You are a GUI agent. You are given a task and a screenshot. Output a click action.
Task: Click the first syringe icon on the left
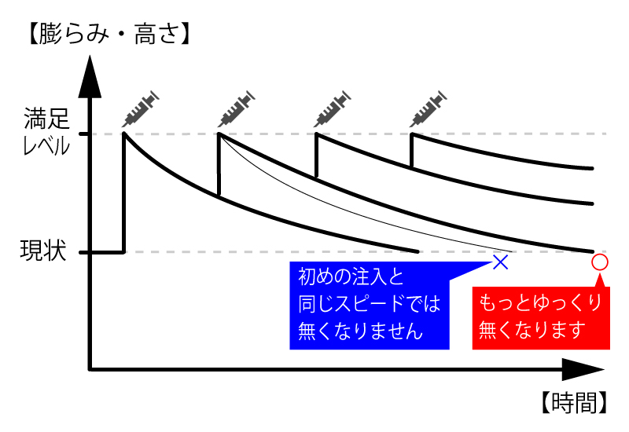tap(141, 108)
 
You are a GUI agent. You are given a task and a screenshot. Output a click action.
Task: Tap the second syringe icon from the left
tap(237, 108)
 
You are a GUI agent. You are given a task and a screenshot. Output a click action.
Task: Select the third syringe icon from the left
tap(332, 108)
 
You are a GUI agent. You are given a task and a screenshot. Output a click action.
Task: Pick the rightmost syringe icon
tap(428, 108)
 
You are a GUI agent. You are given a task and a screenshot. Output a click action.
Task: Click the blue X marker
tap(501, 262)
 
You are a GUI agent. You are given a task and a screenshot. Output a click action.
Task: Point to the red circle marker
tap(600, 262)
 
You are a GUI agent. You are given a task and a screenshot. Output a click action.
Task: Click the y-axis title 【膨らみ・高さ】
tap(109, 34)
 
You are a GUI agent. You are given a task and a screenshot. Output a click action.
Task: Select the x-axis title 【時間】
tap(573, 402)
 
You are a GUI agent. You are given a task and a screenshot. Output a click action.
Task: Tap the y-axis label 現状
tap(43, 251)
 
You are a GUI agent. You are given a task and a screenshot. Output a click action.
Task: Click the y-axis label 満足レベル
tap(46, 131)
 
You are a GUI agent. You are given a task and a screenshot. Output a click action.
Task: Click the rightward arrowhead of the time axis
tap(583, 369)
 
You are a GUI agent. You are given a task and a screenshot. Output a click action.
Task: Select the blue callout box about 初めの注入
tap(370, 306)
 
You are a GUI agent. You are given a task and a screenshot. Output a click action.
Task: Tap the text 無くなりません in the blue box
tap(361, 331)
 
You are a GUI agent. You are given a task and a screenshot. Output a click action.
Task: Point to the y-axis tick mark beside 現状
tap(84, 252)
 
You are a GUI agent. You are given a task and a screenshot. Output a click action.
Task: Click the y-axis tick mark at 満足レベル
tap(84, 134)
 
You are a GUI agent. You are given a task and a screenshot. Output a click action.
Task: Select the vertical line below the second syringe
tap(219, 164)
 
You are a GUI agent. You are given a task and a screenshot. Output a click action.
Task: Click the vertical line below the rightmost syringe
tap(411, 150)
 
